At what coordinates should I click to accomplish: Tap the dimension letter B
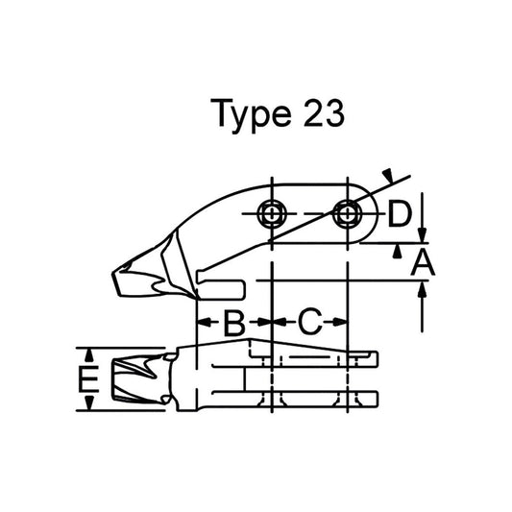coord(233,323)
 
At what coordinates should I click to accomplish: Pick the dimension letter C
coord(308,323)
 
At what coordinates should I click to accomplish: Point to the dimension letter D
coord(401,215)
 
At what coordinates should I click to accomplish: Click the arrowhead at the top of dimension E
coord(89,353)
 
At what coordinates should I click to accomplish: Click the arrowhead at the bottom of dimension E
coord(89,406)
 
